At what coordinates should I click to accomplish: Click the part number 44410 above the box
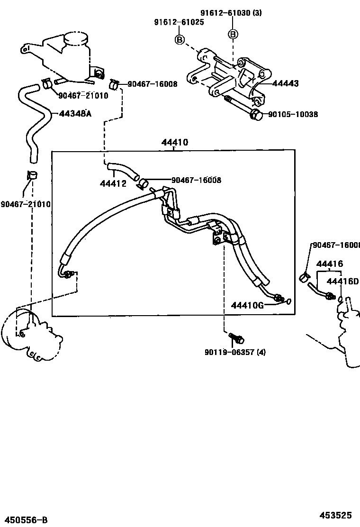pos(174,142)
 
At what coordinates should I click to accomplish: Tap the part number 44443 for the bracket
pos(286,84)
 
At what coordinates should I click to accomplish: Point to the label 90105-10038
pos(293,114)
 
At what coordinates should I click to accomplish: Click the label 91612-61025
pos(179,22)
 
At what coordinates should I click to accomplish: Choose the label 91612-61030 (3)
pos(231,13)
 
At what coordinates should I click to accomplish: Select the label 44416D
pos(343,281)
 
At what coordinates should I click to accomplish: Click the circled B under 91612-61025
pos(180,39)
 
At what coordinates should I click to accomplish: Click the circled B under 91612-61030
pos(233,34)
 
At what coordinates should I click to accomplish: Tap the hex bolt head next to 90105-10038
pos(255,114)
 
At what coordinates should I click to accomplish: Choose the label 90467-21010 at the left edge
pos(25,204)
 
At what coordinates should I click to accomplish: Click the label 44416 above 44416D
pos(330,264)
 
